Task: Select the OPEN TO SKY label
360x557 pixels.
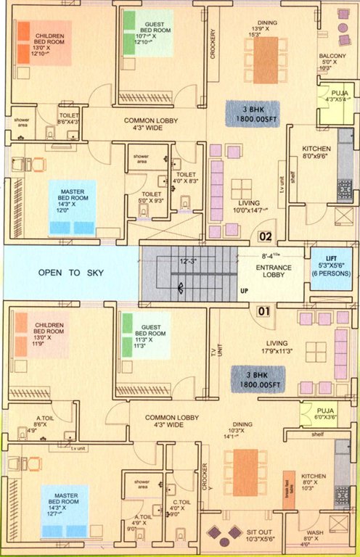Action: point(70,273)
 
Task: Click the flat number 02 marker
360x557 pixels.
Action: point(266,236)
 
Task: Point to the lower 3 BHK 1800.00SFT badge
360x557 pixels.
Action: point(258,377)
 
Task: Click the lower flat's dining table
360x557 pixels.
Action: point(245,473)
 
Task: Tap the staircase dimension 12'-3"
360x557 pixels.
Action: point(189,260)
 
